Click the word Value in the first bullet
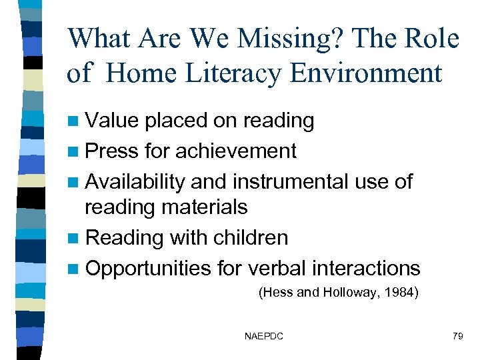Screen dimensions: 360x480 pos(113,121)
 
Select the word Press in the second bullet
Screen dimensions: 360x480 pos(113,151)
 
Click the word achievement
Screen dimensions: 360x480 pos(235,151)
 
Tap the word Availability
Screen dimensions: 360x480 pos(137,181)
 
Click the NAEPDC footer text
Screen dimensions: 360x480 pos(264,337)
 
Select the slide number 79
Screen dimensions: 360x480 pos(457,337)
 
